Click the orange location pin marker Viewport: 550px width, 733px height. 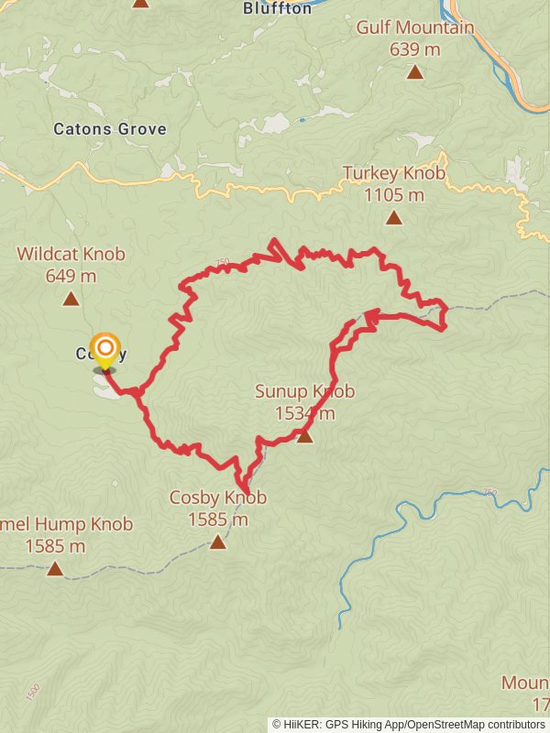tap(106, 350)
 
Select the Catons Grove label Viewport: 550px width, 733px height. tap(110, 129)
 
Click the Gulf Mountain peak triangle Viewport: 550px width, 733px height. tap(414, 71)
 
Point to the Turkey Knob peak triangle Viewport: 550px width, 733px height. tap(393, 217)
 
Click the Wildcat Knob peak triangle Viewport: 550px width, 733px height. tap(71, 298)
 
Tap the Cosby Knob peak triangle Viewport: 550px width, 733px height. tap(217, 542)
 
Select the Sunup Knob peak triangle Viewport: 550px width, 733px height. tap(305, 436)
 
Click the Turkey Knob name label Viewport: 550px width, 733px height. tap(393, 173)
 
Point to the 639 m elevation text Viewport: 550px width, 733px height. tap(415, 49)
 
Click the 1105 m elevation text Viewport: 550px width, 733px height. tap(394, 194)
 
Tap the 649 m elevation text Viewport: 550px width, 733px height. tap(71, 275)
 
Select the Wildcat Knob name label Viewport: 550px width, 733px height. tap(71, 254)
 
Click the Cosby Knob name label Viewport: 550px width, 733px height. tap(217, 498)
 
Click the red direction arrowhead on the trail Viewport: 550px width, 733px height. tap(370, 318)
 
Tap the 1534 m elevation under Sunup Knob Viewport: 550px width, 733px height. tap(304, 413)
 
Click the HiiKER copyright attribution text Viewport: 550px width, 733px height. tap(408, 724)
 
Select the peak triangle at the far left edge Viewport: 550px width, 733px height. tap(55, 569)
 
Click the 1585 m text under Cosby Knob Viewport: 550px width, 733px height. tap(218, 520)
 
